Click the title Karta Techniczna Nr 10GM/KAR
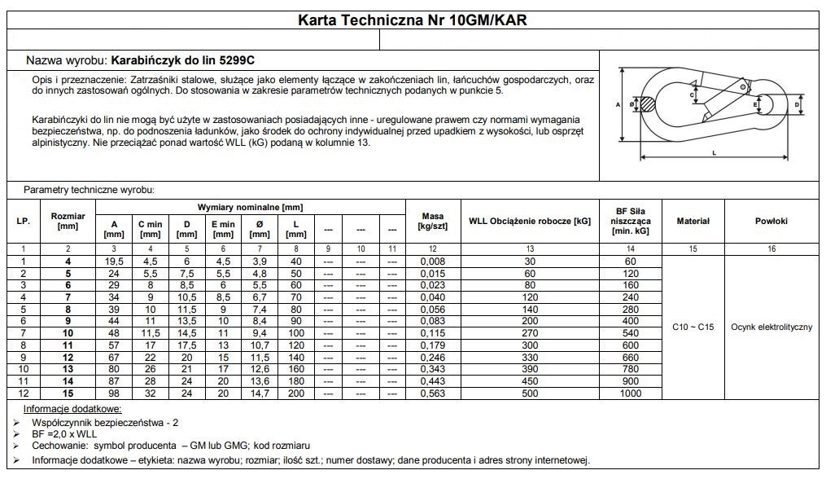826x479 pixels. [413, 20]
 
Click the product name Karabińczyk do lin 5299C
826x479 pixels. [186, 60]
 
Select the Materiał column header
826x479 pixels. [693, 221]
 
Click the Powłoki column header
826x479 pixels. [771, 221]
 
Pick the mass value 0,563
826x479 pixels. [433, 393]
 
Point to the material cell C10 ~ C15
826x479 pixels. [693, 327]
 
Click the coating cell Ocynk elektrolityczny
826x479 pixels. [771, 327]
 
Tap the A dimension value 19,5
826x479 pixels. [115, 261]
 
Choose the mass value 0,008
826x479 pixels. [433, 261]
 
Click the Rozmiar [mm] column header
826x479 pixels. [68, 221]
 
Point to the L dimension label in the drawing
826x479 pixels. [714, 152]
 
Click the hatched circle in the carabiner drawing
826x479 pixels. [647, 104]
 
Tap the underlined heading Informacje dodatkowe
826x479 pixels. [72, 408]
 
